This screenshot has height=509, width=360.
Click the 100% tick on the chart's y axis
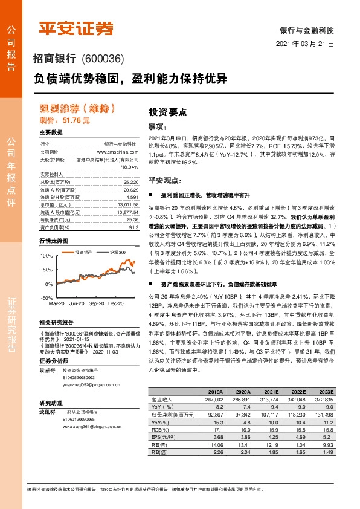[x=47, y=256]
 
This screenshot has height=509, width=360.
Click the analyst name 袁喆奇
[x=47, y=352]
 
